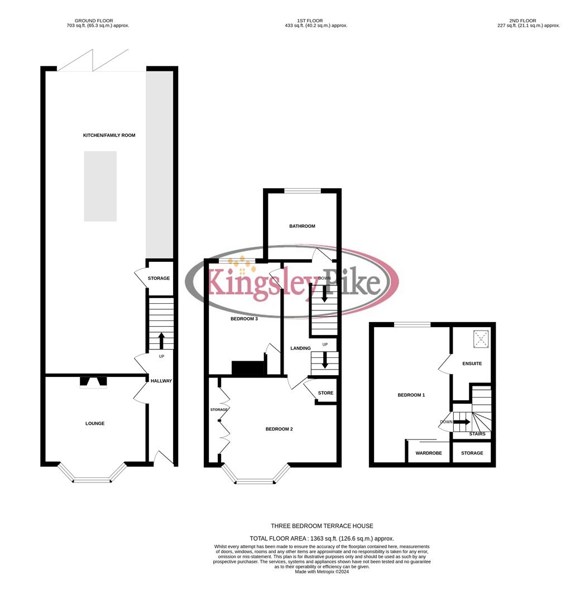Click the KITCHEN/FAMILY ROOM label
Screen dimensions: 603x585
pos(109,136)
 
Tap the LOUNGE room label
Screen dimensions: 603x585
pos(95,424)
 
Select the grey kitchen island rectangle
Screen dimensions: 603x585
pos(100,186)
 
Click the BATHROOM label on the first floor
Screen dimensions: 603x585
pos(302,226)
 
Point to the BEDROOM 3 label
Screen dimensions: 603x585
pos(244,319)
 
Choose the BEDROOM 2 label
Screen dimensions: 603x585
pos(279,429)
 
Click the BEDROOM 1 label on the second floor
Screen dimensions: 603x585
pos(411,395)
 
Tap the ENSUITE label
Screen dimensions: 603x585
pos(472,364)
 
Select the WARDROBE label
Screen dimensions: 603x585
pos(429,453)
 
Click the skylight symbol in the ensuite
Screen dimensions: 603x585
pos(481,338)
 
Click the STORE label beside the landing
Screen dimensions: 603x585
pos(325,393)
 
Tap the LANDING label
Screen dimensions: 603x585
pos(300,348)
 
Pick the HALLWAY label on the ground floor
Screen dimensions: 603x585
pos(161,381)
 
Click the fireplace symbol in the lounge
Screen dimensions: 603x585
pos(93,382)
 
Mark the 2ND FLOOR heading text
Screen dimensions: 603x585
pos(522,21)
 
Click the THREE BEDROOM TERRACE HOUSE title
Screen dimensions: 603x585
pos(322,526)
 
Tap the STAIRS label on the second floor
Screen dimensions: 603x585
pos(477,434)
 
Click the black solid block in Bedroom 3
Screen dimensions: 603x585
pos(248,368)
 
